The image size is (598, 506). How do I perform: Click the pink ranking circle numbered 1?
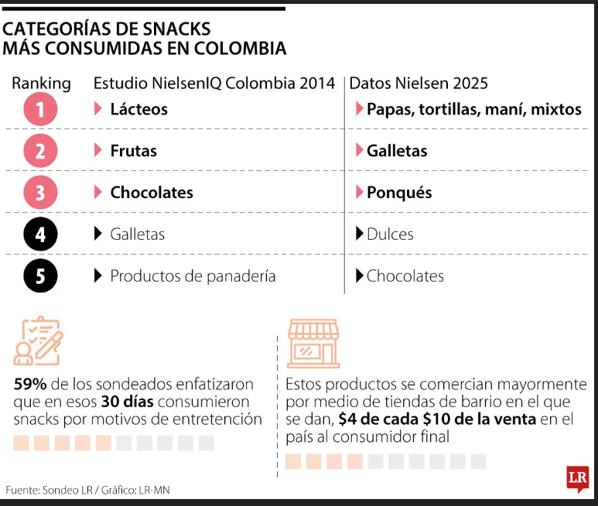click(40, 109)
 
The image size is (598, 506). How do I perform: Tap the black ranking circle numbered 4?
click(40, 234)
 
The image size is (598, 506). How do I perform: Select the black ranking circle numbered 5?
click(40, 276)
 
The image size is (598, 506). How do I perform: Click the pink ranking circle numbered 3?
click(40, 193)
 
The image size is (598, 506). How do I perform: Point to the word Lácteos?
click(138, 109)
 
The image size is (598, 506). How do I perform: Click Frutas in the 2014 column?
click(133, 151)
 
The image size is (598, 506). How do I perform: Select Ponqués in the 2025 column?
click(399, 193)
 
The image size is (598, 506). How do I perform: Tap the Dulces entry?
click(390, 234)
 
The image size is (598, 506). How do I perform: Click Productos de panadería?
click(193, 276)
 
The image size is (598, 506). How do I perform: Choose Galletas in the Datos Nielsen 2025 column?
click(397, 151)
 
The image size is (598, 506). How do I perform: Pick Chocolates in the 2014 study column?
click(152, 193)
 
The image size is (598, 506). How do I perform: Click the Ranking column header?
click(41, 84)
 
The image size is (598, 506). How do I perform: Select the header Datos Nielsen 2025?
click(419, 84)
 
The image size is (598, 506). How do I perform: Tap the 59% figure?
click(29, 384)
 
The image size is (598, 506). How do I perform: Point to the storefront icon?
click(313, 342)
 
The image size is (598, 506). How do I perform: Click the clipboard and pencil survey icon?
click(39, 341)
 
